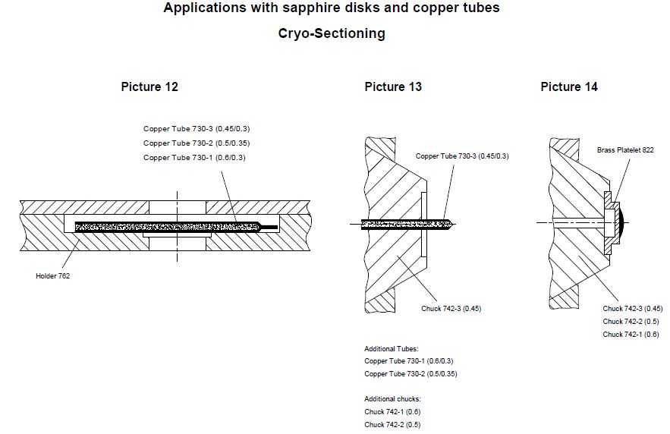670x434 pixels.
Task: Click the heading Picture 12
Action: click(x=149, y=86)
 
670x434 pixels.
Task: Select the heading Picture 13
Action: click(x=393, y=86)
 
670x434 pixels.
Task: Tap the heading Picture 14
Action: click(x=569, y=86)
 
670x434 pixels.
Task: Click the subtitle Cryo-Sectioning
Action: click(x=332, y=33)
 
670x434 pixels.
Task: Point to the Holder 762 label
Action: click(x=52, y=276)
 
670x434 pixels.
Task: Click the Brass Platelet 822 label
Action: click(x=625, y=150)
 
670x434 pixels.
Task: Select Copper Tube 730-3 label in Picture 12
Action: click(x=197, y=129)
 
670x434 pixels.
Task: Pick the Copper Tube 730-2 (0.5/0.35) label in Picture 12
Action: click(x=197, y=143)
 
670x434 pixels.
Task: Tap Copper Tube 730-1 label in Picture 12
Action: click(x=194, y=157)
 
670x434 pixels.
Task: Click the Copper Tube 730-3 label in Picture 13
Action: click(x=462, y=156)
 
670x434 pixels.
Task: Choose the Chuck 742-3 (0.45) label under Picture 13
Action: click(x=451, y=309)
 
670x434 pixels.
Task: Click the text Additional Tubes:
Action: click(x=391, y=349)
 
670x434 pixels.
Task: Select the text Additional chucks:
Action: click(x=392, y=399)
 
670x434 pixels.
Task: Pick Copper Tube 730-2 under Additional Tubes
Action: click(x=410, y=374)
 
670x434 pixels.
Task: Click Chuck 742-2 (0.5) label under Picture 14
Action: click(x=631, y=322)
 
